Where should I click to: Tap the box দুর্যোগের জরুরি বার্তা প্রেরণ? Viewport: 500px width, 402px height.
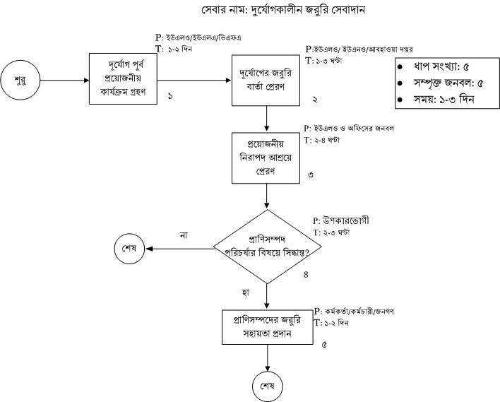point(267,81)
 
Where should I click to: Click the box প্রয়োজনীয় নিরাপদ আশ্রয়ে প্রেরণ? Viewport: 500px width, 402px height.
point(267,156)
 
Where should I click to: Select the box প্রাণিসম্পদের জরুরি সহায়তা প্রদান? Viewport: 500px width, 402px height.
point(267,326)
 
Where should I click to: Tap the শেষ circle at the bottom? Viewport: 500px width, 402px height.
point(267,386)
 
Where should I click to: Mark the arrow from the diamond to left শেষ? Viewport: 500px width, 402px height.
point(180,248)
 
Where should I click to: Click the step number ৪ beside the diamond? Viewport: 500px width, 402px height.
point(306,274)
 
